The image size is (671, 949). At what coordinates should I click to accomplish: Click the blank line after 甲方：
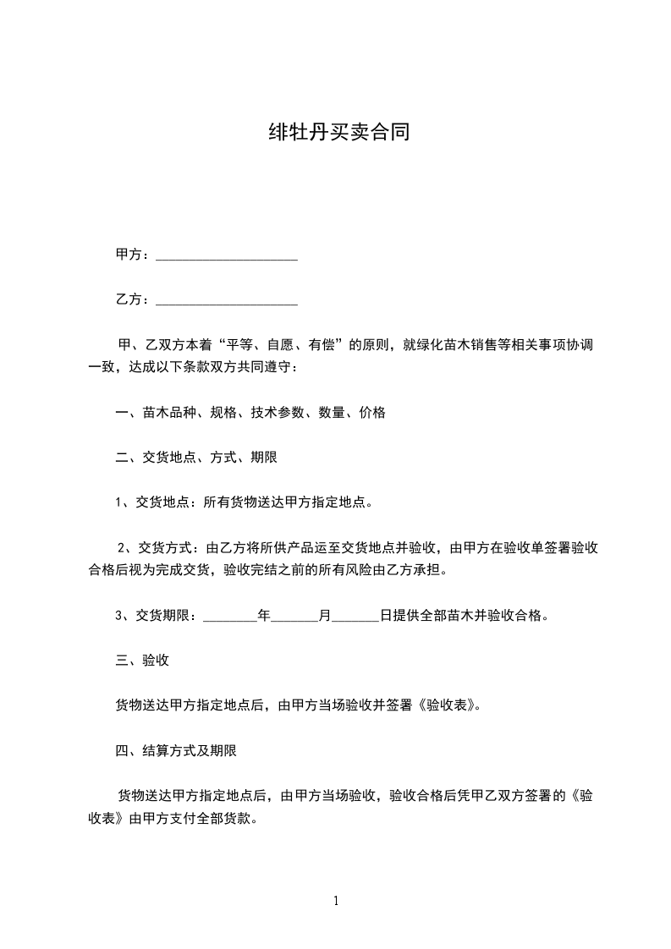coord(227,255)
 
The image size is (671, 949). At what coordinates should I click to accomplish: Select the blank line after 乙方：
coord(227,299)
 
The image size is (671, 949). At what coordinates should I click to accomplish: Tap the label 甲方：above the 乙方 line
coord(134,255)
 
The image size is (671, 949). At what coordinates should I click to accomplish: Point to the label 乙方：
coord(134,299)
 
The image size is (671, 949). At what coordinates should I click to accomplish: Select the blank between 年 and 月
coord(294,616)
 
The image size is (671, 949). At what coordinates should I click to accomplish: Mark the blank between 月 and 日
coord(355,616)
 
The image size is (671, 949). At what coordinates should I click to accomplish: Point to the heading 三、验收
coord(142,661)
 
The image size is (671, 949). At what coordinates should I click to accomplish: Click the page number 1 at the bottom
coord(336,901)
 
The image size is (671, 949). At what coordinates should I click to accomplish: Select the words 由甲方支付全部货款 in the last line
coord(190,819)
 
